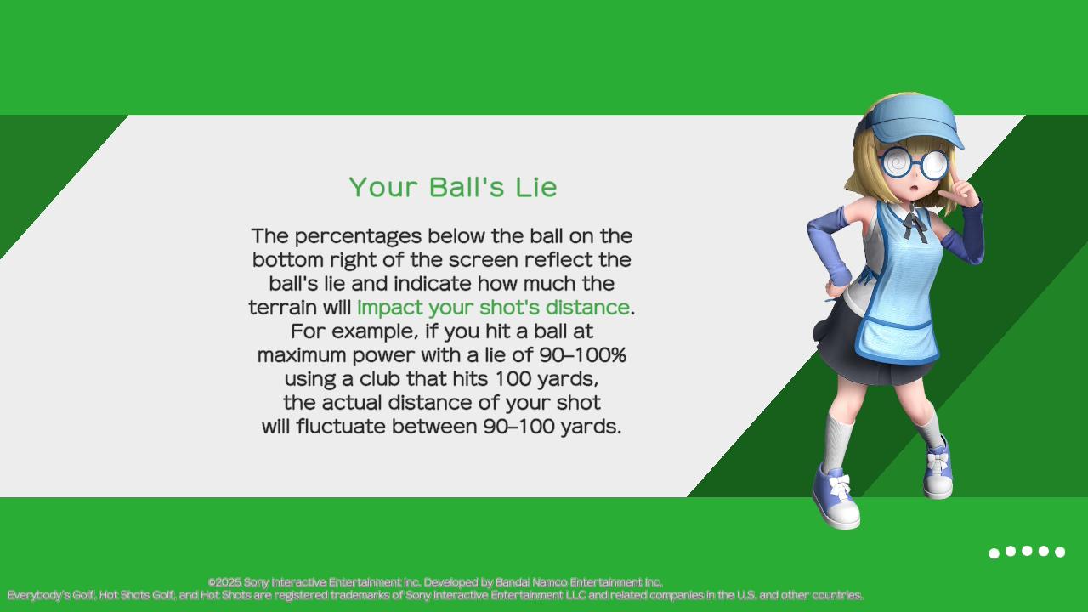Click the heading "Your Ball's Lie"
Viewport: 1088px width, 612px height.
pos(453,187)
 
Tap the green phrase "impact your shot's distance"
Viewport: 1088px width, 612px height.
pos(493,308)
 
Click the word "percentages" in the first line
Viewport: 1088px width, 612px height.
pos(358,236)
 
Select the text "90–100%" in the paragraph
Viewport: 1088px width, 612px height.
pos(583,355)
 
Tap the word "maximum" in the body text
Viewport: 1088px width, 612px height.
pos(302,355)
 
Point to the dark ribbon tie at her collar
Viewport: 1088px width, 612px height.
pos(915,224)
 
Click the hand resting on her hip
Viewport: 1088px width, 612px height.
pos(836,288)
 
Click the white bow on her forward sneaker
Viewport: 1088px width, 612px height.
pos(840,484)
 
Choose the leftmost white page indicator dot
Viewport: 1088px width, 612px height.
pos(994,553)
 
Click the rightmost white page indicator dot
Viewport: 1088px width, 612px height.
pos(1060,552)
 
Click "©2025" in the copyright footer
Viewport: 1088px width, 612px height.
pos(224,582)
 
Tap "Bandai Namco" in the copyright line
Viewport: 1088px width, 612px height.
pos(531,582)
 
